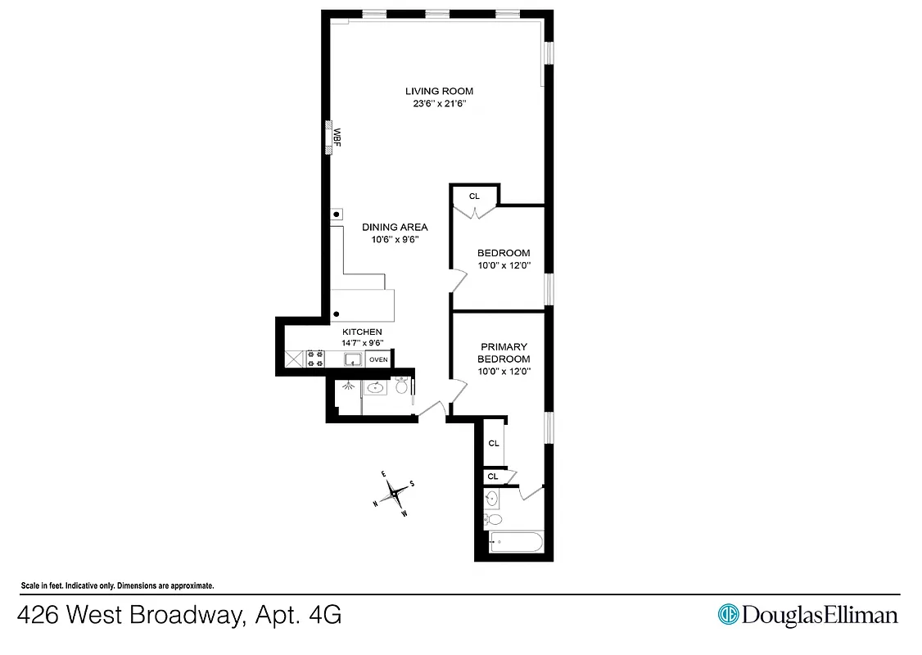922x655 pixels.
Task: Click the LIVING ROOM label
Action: [x=439, y=91]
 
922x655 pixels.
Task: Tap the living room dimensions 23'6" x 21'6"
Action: [x=439, y=104]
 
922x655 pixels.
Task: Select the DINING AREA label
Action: [x=395, y=227]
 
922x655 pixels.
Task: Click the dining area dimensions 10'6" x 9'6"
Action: [x=395, y=240]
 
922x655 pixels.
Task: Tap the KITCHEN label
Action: [x=362, y=332]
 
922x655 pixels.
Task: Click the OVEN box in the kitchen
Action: [x=378, y=359]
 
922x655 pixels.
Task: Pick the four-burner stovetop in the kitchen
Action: [x=314, y=359]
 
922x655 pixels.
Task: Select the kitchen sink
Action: [x=354, y=359]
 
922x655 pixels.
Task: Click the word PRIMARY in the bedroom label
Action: [x=504, y=346]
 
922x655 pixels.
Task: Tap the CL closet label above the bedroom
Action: [x=474, y=196]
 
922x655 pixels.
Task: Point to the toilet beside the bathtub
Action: [x=493, y=519]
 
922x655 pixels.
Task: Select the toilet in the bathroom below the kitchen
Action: [x=401, y=386]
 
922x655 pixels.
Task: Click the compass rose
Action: [x=394, y=492]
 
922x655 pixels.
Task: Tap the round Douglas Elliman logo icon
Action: [x=728, y=614]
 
